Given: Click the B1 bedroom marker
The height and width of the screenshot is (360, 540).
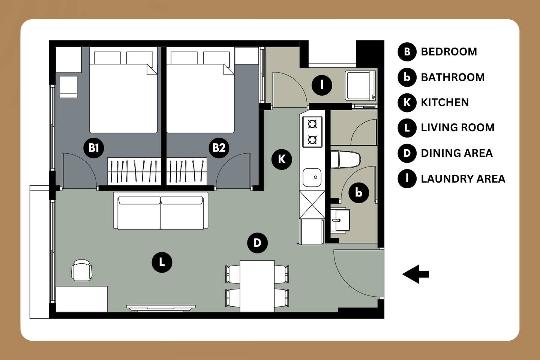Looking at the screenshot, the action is point(93,148).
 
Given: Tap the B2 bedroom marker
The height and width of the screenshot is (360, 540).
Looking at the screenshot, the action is point(219,148).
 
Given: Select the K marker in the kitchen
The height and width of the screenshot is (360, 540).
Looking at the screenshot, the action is point(282,159).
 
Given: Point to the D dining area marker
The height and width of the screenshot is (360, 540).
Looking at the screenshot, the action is point(258,243).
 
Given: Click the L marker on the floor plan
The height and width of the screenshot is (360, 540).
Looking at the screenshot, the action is point(162,262).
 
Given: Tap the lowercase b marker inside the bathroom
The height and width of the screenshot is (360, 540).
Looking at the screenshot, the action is point(359,193).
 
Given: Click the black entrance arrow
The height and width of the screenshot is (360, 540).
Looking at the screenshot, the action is point(415,274).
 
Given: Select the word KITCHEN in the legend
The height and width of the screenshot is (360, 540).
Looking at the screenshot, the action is point(445,102).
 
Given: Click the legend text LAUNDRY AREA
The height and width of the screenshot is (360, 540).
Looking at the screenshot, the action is point(463,179).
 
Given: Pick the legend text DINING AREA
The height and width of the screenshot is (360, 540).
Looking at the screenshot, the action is point(457,153).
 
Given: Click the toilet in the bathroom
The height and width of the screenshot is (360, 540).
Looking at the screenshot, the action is point(345,159).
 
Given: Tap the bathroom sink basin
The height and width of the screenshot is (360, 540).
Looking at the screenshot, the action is point(340,220).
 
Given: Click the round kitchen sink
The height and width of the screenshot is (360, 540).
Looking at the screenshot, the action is point(312,177).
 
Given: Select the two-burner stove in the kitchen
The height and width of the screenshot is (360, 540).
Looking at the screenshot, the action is point(312,132).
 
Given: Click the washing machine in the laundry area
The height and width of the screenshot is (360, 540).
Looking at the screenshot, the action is point(360,85).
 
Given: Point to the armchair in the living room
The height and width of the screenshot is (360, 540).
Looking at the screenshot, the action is point(82,270).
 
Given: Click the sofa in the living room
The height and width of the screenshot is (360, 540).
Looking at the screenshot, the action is point(160,211).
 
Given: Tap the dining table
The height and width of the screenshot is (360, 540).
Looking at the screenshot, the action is point(257,286).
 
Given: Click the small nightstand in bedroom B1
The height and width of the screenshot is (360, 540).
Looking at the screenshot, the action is point(69,87).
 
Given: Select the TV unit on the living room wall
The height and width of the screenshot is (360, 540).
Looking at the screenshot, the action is point(161,308).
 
